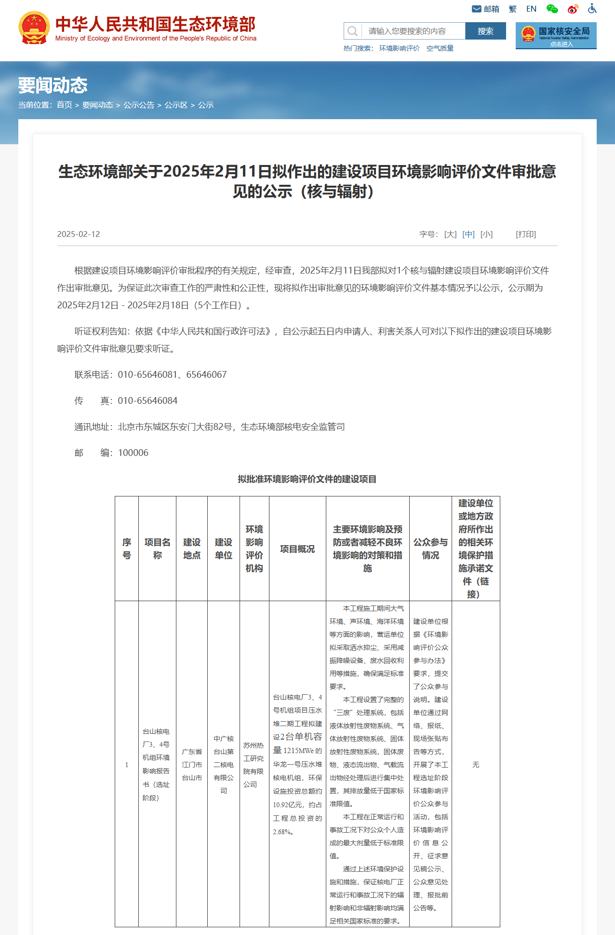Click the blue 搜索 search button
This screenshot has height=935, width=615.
point(485,31)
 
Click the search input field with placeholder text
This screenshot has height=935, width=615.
point(413,31)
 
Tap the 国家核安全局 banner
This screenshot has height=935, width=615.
point(556,36)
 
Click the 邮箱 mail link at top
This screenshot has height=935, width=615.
point(486,9)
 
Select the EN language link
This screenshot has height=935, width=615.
point(531,9)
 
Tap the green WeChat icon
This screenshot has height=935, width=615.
point(552,9)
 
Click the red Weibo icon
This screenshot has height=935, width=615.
point(573,9)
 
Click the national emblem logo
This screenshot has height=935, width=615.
point(34,28)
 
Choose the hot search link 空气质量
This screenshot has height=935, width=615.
point(440,48)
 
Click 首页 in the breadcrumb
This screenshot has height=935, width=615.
point(64,105)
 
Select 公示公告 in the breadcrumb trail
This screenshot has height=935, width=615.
point(139,105)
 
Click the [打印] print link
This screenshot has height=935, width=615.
point(526,234)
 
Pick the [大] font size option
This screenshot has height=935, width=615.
point(450,234)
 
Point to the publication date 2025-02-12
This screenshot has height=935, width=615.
point(79,234)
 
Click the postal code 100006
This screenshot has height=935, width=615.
point(133,453)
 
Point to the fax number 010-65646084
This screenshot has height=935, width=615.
point(147,401)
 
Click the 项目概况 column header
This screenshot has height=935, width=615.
point(297,549)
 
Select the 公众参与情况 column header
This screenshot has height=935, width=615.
point(430,549)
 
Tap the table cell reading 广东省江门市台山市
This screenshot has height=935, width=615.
point(192,765)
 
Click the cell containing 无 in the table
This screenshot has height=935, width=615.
point(476,765)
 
